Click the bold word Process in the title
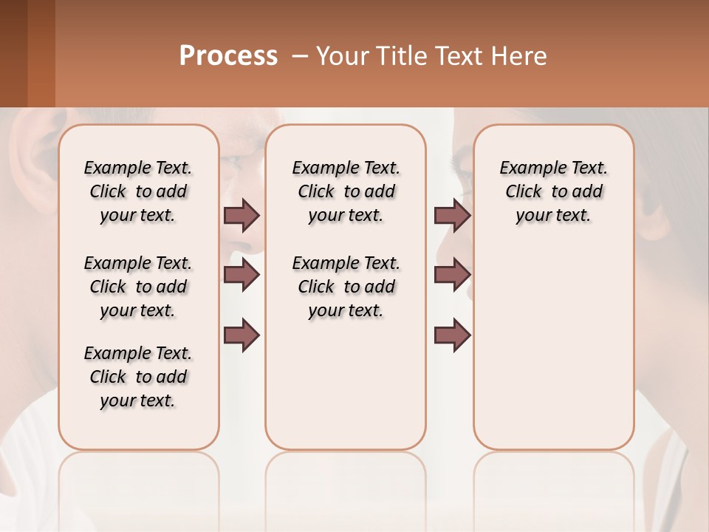[228, 56]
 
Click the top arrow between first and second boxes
[242, 215]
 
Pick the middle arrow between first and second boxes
[242, 275]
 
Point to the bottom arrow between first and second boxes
[242, 335]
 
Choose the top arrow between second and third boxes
[452, 215]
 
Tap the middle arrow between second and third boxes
[452, 275]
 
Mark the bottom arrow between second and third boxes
[452, 335]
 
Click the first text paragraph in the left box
[138, 191]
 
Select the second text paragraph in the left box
[138, 287]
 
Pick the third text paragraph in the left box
[138, 377]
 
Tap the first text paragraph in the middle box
[346, 191]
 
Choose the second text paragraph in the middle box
[346, 287]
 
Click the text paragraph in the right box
[553, 191]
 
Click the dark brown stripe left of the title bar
[13, 53]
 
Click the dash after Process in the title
[300, 56]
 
